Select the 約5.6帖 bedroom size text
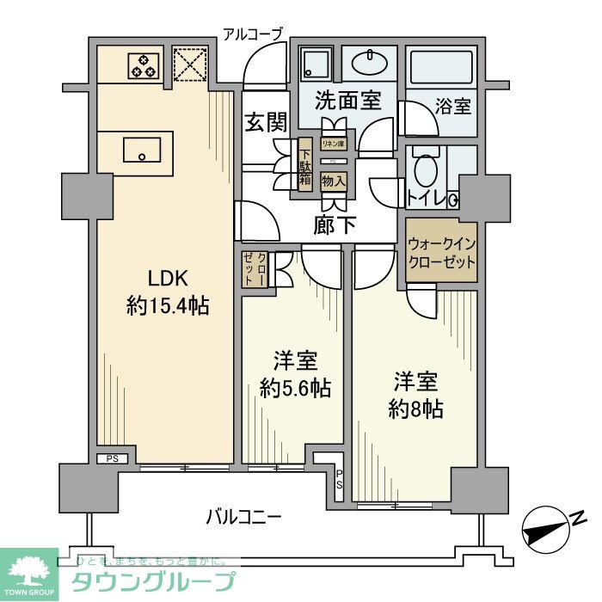click(x=295, y=388)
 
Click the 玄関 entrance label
click(x=265, y=122)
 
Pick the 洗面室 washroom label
click(x=347, y=101)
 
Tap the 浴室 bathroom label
click(x=453, y=107)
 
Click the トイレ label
click(x=426, y=199)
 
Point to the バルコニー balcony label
click(x=243, y=517)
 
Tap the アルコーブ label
click(x=252, y=34)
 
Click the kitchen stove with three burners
click(x=144, y=65)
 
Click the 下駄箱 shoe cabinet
click(x=304, y=163)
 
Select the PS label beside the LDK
click(x=113, y=458)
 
